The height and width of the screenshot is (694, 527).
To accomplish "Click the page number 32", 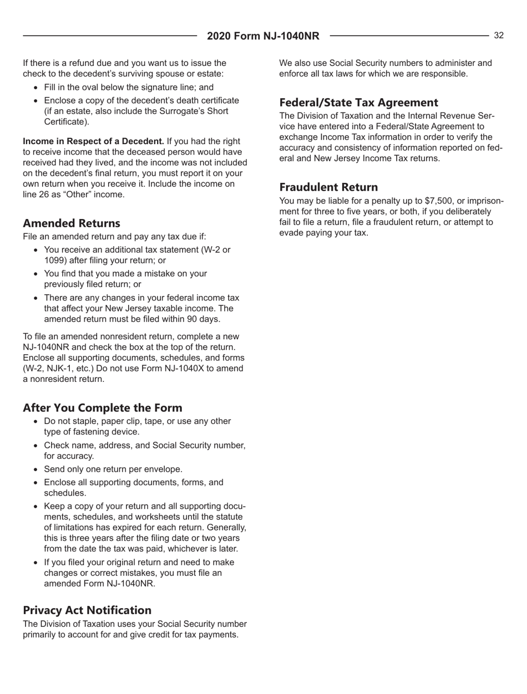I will point(499,35).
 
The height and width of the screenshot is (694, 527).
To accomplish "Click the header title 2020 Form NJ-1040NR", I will point(263,37).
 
